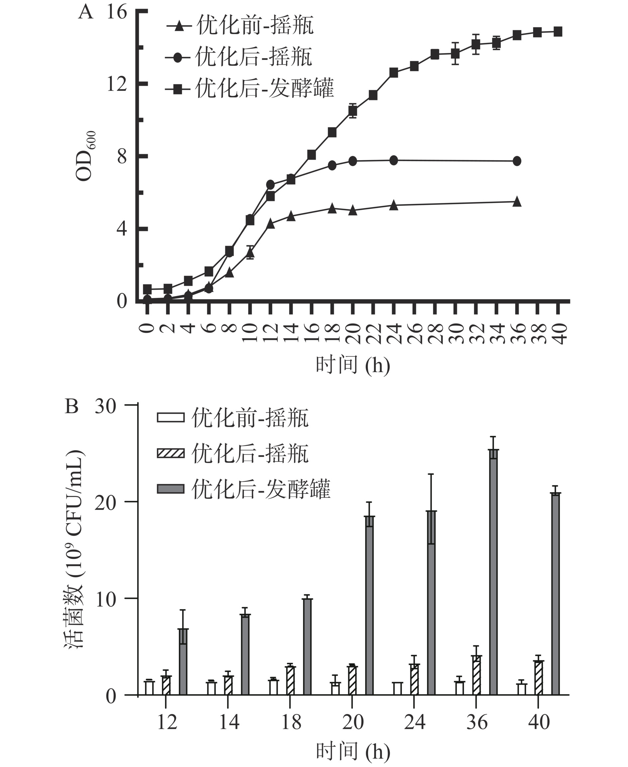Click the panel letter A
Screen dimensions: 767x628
(86, 12)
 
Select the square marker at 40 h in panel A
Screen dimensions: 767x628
(558, 32)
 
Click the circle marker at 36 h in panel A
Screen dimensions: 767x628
(517, 161)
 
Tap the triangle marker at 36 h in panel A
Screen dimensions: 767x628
(517, 202)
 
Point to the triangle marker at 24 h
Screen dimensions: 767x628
(394, 205)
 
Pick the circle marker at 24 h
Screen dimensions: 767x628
(394, 160)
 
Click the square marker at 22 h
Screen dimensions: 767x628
(373, 95)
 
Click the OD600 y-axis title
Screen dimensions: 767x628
(86, 156)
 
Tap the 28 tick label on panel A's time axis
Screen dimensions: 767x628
(435, 333)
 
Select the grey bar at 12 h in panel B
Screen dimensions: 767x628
(183, 661)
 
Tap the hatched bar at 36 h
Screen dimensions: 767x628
(476, 675)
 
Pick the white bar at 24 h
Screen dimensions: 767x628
(397, 688)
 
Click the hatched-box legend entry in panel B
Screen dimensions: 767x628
(233, 453)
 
